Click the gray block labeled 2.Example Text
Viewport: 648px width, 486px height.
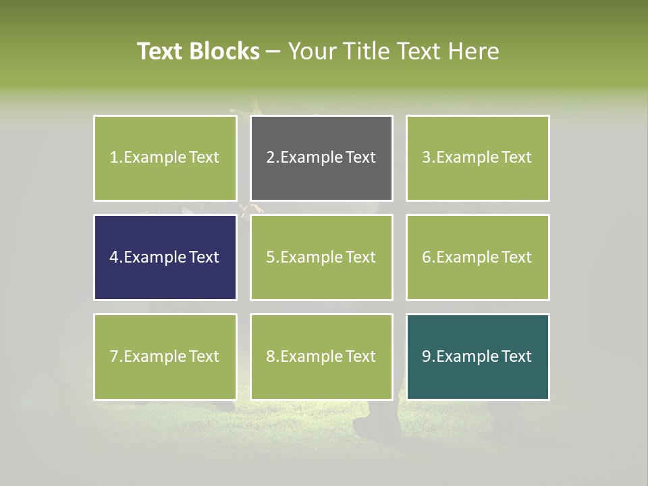click(x=321, y=158)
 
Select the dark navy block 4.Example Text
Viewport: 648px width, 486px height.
click(x=165, y=257)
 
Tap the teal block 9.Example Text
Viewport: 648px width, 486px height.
click(x=477, y=356)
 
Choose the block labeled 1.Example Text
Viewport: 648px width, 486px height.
click(x=165, y=158)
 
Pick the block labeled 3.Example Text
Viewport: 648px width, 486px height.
click(x=477, y=158)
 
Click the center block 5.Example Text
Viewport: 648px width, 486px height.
click(x=321, y=257)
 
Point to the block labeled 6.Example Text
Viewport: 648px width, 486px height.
click(x=477, y=257)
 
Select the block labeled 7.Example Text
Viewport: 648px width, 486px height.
click(x=165, y=356)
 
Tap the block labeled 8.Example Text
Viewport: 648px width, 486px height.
click(x=321, y=356)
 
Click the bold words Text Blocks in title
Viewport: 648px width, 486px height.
click(x=198, y=51)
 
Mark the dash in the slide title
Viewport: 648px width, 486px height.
click(x=274, y=51)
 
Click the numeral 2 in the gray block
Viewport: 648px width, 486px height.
click(x=271, y=158)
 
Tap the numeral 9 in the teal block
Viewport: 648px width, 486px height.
click(x=427, y=356)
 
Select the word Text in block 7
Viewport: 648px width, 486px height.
click(x=204, y=356)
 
